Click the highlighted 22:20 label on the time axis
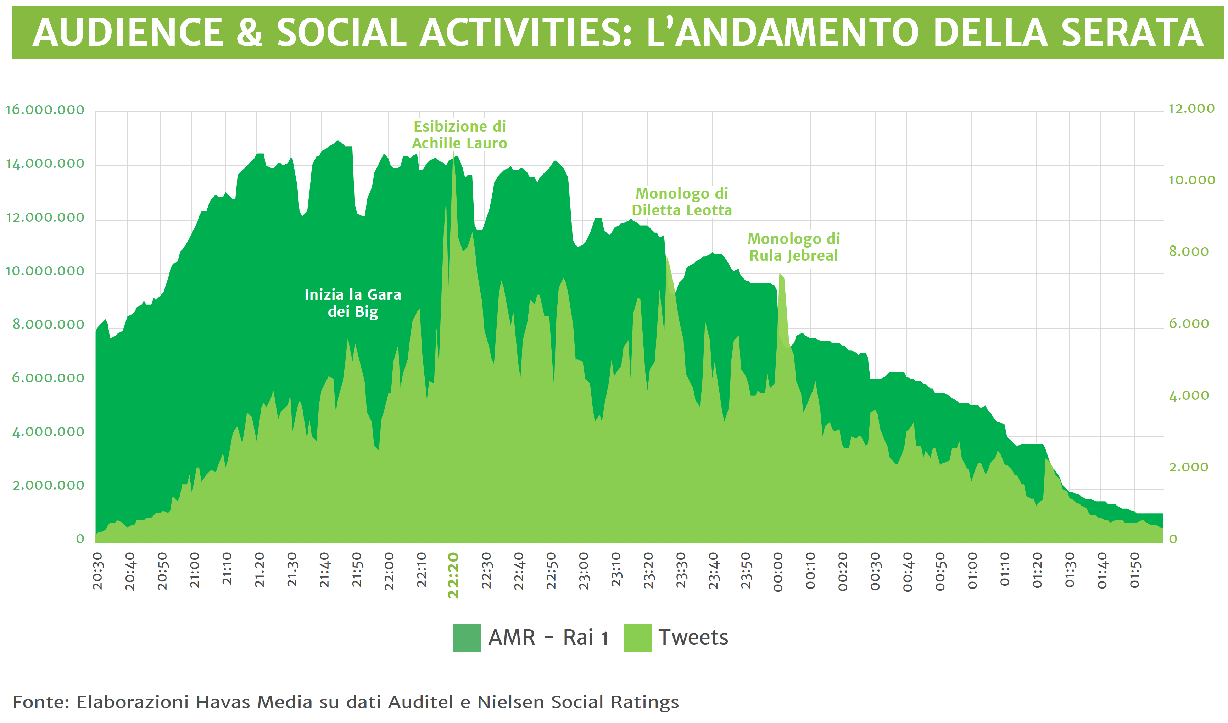[x=453, y=575]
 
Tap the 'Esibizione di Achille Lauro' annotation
[x=459, y=134]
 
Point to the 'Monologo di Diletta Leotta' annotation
[x=682, y=202]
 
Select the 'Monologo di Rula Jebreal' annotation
[x=793, y=247]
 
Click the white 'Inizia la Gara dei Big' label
[x=353, y=303]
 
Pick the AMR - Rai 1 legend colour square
[x=467, y=638]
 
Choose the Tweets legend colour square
[x=637, y=638]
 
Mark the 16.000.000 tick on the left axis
[x=45, y=110]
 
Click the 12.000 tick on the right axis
[x=1191, y=109]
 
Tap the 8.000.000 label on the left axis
[x=48, y=325]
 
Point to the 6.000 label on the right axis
[x=1189, y=324]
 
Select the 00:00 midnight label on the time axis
[x=778, y=572]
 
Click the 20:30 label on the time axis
[x=98, y=572]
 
